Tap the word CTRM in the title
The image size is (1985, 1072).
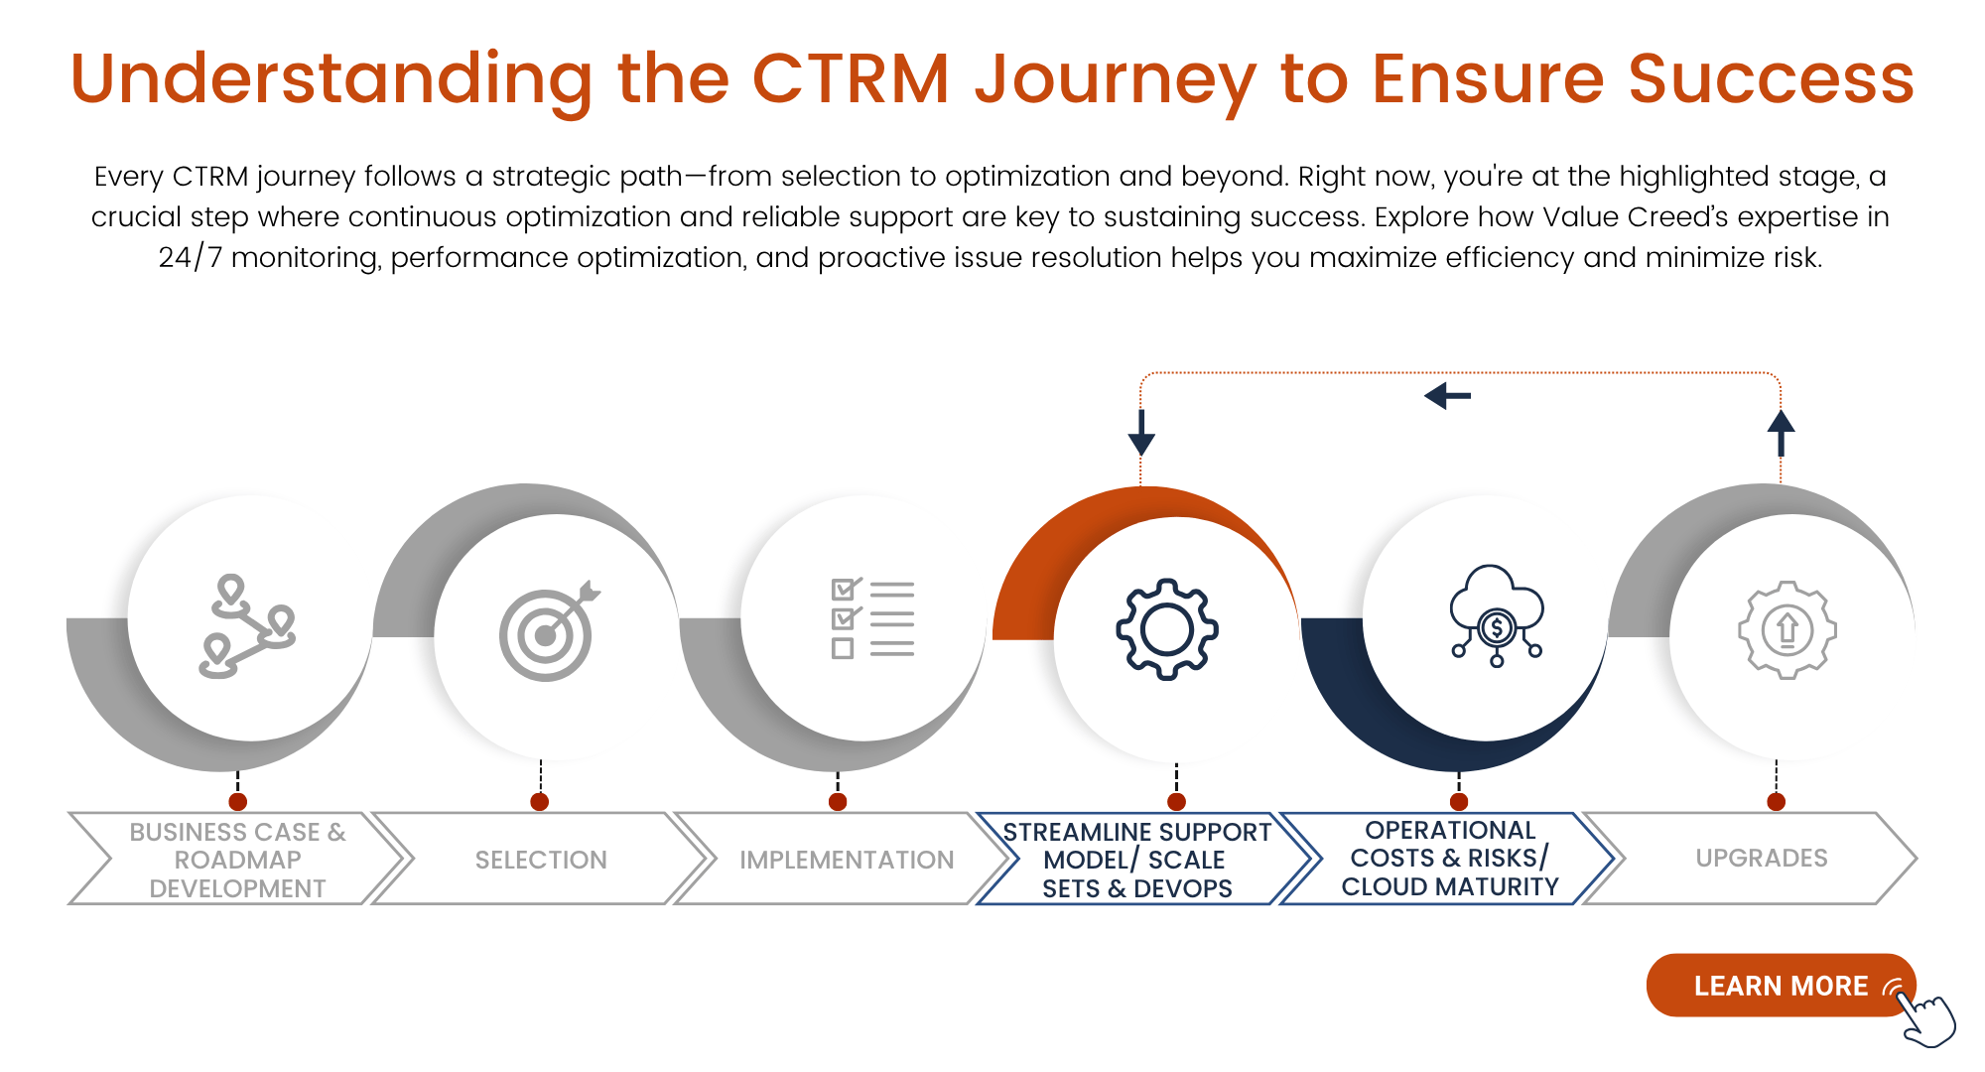click(851, 79)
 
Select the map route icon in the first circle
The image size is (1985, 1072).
click(247, 627)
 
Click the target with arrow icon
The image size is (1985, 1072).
click(549, 631)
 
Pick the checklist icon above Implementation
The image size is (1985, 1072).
click(871, 619)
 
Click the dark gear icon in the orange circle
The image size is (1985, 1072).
click(1167, 629)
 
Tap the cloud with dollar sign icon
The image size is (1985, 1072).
click(1496, 616)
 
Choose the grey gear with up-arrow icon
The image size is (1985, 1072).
click(1786, 629)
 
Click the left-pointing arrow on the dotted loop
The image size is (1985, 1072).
click(1447, 397)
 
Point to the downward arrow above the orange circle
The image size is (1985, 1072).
click(1141, 433)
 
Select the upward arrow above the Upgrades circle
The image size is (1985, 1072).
click(1781, 433)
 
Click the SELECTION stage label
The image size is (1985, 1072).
click(541, 860)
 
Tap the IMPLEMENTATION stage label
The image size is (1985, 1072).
click(846, 860)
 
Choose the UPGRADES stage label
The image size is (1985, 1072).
click(1761, 858)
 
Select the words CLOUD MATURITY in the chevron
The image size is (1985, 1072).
click(1450, 886)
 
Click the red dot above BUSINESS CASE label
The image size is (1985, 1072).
click(237, 801)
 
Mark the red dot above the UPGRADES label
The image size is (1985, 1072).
click(1776, 801)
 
